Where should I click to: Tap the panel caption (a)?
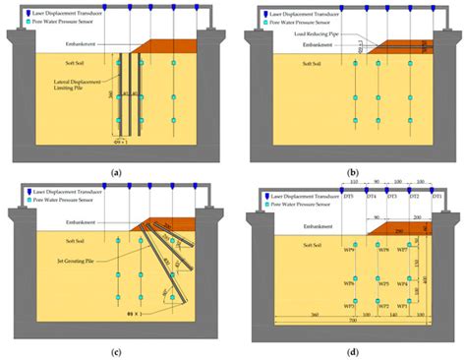click(117, 171)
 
